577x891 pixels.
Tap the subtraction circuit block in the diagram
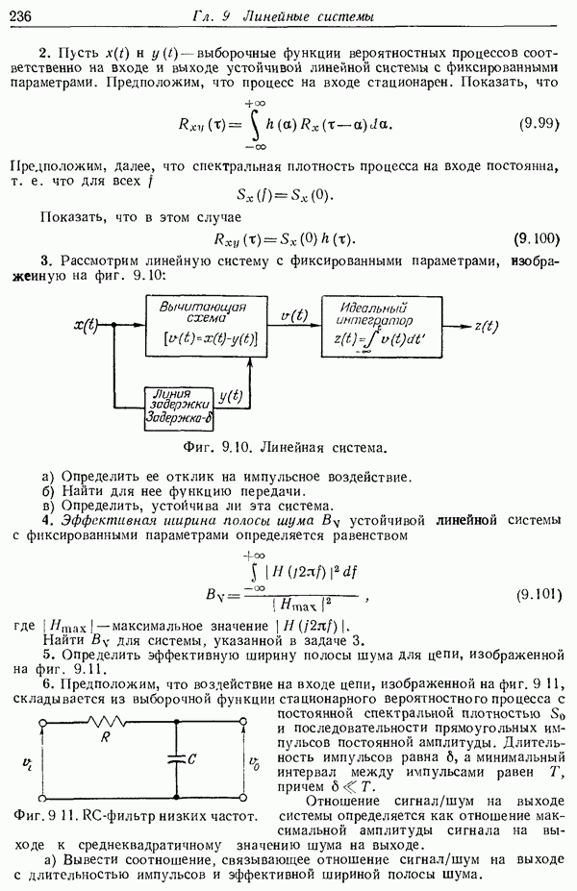203,325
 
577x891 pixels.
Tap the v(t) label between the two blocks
293,314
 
